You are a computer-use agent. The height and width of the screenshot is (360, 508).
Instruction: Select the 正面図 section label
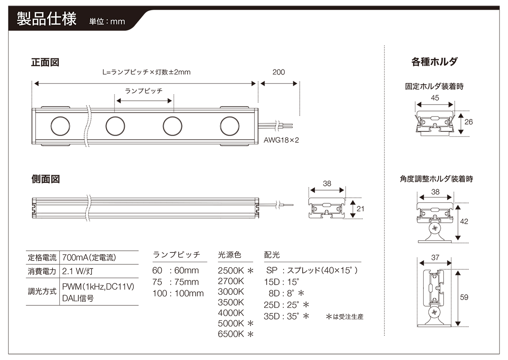coord(45,63)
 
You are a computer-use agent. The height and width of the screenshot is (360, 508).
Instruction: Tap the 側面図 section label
coord(45,179)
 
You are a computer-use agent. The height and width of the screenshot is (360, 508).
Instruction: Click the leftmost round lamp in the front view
coord(60,126)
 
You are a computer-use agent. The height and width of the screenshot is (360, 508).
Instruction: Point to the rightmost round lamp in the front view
coord(229,126)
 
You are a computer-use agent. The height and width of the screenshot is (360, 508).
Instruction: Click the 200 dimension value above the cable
coord(279,72)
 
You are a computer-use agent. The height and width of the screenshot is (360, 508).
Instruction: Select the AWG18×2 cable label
coord(281,140)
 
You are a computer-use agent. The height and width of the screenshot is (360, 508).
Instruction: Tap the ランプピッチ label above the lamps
coord(144,91)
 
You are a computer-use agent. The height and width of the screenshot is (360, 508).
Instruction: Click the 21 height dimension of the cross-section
coord(360,208)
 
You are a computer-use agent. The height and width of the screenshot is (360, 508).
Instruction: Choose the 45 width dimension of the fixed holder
coord(435,97)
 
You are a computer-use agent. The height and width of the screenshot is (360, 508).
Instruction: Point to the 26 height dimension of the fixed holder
coord(469,122)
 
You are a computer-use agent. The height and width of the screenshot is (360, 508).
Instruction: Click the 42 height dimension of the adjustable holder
coord(464,221)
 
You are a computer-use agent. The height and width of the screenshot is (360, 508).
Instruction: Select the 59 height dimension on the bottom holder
coord(464,297)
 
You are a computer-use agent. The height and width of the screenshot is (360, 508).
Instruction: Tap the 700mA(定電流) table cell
coord(89,257)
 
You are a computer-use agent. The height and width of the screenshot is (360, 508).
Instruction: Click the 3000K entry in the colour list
coord(231,291)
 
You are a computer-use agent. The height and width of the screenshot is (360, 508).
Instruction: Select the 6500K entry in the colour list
coord(231,334)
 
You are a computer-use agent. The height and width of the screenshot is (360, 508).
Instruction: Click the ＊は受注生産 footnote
coord(345,316)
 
